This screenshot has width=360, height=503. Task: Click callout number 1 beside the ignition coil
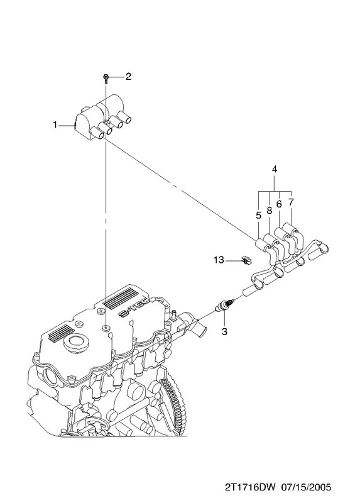pyautogui.click(x=55, y=124)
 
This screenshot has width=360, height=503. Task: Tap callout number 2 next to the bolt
pyautogui.click(x=128, y=76)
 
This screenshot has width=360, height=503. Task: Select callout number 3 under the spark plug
pyautogui.click(x=224, y=331)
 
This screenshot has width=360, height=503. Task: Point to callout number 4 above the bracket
pyautogui.click(x=275, y=169)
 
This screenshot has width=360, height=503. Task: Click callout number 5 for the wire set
pyautogui.click(x=259, y=216)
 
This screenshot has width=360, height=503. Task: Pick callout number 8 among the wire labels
pyautogui.click(x=270, y=211)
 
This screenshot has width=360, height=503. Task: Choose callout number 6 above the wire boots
pyautogui.click(x=279, y=204)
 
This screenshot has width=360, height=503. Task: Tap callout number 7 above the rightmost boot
pyautogui.click(x=291, y=202)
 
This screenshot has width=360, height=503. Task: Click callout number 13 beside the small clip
pyautogui.click(x=219, y=260)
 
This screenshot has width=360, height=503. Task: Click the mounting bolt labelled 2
pyautogui.click(x=106, y=78)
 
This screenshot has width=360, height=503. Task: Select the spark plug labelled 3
pyautogui.click(x=226, y=305)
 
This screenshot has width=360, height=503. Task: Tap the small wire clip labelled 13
pyautogui.click(x=246, y=260)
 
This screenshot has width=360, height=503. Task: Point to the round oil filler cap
pyautogui.click(x=76, y=343)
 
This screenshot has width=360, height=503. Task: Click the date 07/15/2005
pyautogui.click(x=306, y=488)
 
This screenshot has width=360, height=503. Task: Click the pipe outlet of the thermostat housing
pyautogui.click(x=199, y=327)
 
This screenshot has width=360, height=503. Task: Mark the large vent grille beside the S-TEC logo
pyautogui.click(x=119, y=298)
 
